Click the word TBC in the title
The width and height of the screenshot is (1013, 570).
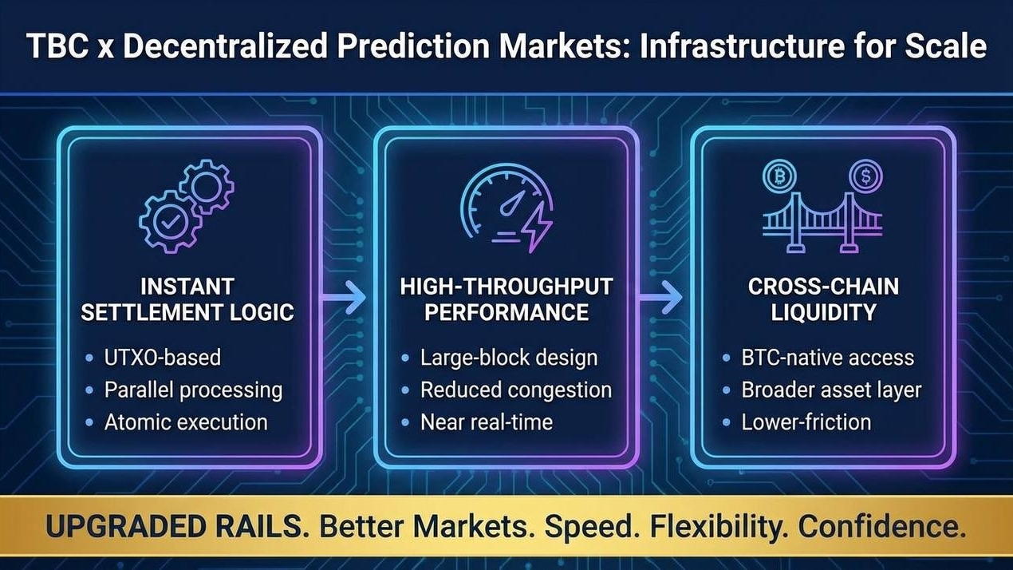coord(57,46)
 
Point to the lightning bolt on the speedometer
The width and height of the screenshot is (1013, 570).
coord(538,227)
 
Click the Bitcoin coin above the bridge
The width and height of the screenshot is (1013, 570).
coord(779,176)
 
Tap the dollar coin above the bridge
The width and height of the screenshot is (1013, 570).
coord(865,176)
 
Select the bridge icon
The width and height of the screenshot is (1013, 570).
coord(822,223)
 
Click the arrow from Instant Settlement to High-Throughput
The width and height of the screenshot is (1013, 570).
coord(343,298)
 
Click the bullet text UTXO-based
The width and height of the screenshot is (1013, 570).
coord(163,357)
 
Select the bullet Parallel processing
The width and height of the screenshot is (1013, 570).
coord(194,390)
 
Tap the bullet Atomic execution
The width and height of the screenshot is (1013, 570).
coord(186,422)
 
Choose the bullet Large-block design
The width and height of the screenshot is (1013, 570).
coord(509,358)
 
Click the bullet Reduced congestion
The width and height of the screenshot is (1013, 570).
coord(516,390)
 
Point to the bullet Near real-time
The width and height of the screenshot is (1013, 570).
coord(487,422)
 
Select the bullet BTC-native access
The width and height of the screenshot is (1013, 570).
coord(828,358)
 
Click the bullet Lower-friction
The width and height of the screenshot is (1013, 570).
coord(806,422)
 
